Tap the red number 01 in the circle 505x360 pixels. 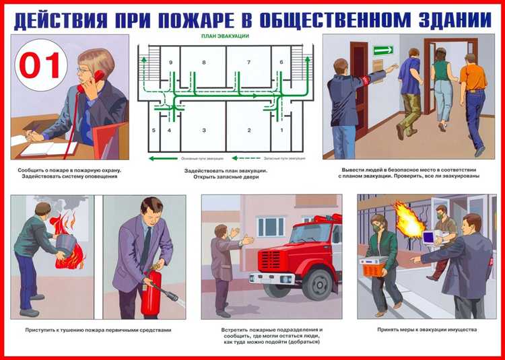click(42, 65)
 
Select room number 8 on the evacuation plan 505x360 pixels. click(203, 62)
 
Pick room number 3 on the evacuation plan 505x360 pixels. click(203, 130)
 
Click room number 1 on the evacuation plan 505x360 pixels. click(281, 130)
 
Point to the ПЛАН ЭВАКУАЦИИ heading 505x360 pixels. click(225, 35)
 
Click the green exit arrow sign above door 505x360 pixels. click(382, 50)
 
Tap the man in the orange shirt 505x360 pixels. click(475, 77)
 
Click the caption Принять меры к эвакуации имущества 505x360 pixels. click(427, 330)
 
